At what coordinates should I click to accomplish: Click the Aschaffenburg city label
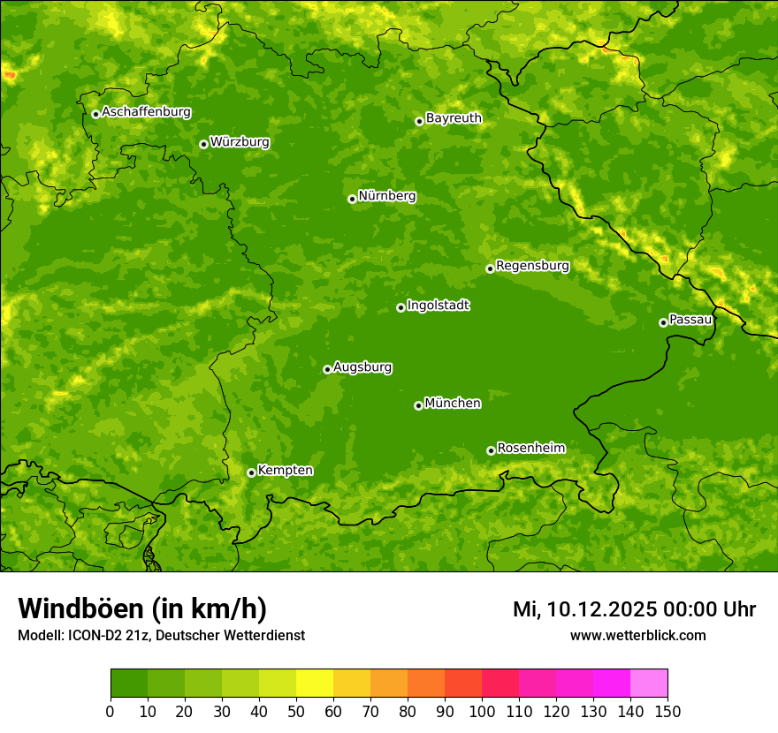point(146,112)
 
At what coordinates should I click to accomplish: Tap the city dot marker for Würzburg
point(203,144)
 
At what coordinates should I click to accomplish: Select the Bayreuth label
point(454,118)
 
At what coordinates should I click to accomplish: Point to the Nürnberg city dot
point(352,199)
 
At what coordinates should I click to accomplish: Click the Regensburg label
point(532,266)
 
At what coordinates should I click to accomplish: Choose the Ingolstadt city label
point(438,306)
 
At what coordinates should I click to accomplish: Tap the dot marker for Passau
point(663,322)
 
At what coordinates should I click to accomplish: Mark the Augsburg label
point(362,367)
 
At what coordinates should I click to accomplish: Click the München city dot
point(418,405)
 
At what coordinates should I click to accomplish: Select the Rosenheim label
point(530,449)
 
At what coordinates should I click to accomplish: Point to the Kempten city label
point(285,471)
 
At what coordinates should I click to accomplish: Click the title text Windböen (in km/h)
point(142,608)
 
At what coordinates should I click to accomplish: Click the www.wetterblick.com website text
point(637,635)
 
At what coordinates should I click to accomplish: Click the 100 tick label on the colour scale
point(482,711)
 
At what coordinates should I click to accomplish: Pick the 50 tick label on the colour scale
point(296,711)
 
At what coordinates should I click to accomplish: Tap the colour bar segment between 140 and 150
point(649,684)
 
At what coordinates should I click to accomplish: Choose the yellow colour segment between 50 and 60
point(315,684)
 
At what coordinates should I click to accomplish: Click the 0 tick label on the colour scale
point(111,711)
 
